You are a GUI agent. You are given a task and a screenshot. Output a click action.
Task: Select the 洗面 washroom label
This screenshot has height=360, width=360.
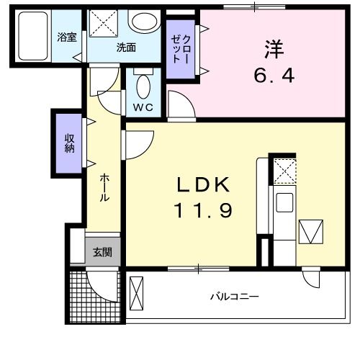point(127,48)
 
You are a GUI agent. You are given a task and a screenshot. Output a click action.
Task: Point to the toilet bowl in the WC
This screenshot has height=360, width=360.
point(143,87)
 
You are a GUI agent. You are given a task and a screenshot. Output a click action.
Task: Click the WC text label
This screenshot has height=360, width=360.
point(143,108)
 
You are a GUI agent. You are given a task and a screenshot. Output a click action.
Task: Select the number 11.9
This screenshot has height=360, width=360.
point(204,211)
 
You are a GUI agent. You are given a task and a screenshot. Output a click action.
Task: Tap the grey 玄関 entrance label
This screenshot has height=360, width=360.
point(102,252)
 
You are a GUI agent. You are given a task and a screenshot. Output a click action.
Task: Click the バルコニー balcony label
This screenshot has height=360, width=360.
point(235,297)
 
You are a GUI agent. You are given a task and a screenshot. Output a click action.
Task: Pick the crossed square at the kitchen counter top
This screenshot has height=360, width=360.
point(283,171)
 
